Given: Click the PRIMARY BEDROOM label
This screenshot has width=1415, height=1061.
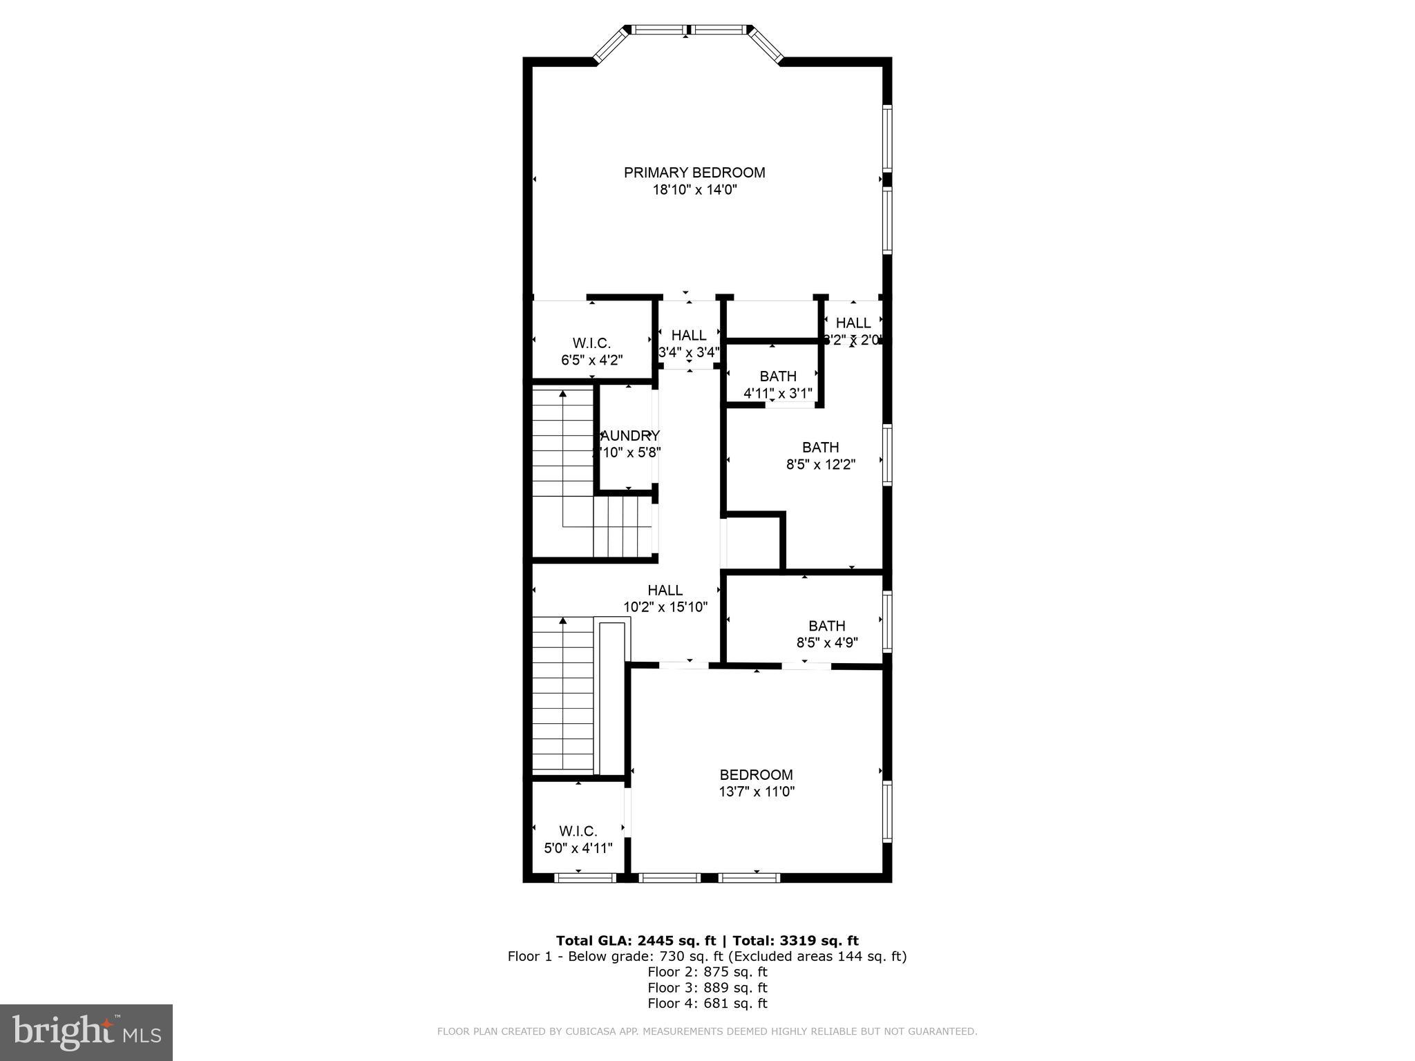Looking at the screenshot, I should click(694, 173).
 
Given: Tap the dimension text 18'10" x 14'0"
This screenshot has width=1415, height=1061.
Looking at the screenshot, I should click(694, 190).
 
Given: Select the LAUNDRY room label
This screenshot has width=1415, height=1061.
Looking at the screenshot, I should click(629, 436).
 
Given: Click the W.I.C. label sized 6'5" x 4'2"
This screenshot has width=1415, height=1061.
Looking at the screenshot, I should click(591, 343).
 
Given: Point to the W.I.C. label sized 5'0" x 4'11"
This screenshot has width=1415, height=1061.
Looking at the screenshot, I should click(578, 831).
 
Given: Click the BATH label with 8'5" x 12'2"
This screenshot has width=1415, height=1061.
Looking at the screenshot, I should click(820, 447).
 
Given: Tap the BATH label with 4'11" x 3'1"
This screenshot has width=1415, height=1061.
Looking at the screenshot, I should click(778, 376).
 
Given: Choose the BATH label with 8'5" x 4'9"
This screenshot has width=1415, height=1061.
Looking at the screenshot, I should click(826, 626).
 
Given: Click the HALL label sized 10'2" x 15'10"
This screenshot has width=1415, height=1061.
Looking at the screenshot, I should click(665, 591).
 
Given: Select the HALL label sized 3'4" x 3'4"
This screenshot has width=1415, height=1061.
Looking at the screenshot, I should click(689, 336).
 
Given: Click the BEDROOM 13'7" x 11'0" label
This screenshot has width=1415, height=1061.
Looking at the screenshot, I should click(756, 775).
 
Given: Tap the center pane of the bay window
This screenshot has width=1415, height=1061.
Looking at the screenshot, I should click(688, 30).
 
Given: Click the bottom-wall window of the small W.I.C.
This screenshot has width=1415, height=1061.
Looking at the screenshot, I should click(585, 878).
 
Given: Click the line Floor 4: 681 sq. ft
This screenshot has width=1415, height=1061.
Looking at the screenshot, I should click(707, 1004).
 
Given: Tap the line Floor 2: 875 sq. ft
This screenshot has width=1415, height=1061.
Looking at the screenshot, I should click(707, 972).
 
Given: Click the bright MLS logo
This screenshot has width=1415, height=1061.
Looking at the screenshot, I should click(86, 1032).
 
